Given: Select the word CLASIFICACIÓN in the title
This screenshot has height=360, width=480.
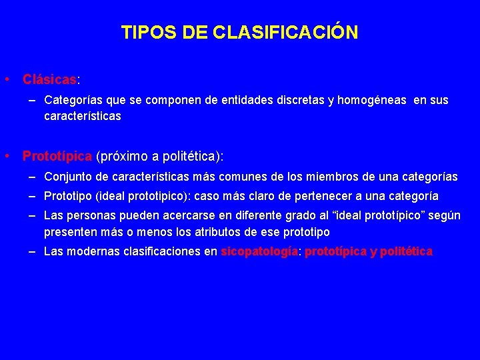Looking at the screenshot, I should [x=287, y=32].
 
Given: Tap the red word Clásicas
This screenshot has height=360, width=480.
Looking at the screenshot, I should [x=49, y=79].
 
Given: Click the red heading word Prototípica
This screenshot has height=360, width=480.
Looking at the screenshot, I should [x=57, y=156].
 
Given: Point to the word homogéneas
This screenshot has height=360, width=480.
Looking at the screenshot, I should [x=372, y=100].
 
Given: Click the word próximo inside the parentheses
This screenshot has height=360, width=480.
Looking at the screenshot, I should [x=123, y=156].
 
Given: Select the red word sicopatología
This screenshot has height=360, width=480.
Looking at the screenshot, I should [x=259, y=251].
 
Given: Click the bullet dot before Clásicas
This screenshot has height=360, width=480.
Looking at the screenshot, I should [x=5, y=79].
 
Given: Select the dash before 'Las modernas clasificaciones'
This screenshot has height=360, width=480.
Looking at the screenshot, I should [x=32, y=251].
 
